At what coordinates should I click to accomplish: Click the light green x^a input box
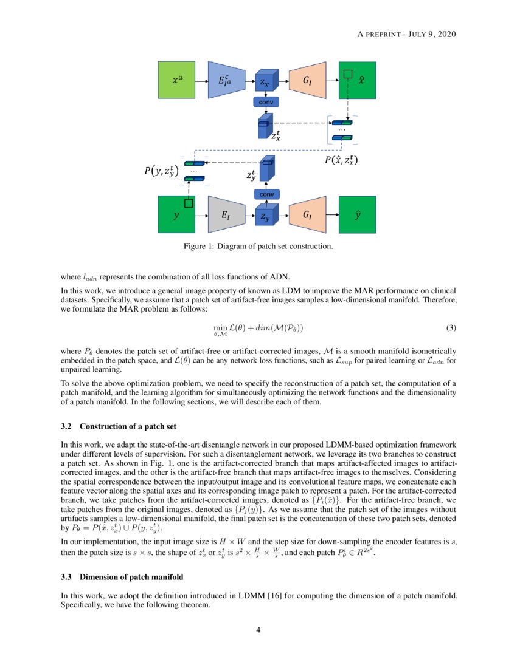point(176,80)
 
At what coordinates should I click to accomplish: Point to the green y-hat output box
point(357,214)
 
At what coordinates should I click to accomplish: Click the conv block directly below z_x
point(266,102)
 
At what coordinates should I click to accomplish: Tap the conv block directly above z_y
point(266,194)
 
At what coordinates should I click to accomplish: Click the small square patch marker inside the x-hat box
point(348,74)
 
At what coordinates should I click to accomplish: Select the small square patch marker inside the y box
point(189,203)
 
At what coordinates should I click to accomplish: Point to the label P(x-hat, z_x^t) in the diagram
point(340,160)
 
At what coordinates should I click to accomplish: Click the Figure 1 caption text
point(258,247)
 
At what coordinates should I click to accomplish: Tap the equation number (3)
point(451,328)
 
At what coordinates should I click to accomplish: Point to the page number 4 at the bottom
point(258,630)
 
